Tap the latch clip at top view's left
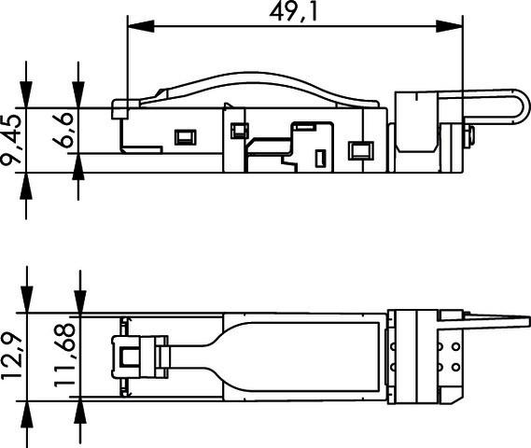[136, 356]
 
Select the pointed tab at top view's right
[499, 327]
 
